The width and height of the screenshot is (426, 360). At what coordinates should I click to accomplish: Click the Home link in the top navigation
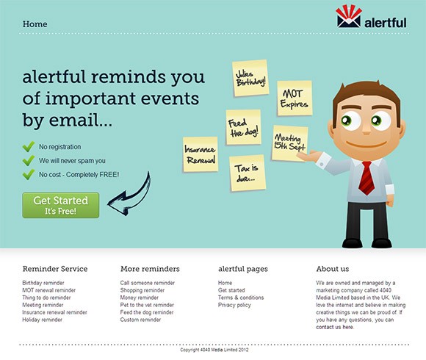(x=35, y=24)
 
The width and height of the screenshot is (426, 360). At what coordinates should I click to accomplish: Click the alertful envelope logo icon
(x=349, y=17)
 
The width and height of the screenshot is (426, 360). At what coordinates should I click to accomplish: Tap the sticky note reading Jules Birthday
(x=250, y=78)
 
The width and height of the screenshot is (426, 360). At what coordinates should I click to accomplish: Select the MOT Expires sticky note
(x=295, y=98)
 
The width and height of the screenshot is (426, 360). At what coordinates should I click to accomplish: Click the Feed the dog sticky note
(x=243, y=127)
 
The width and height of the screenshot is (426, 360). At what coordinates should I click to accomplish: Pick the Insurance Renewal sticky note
(x=201, y=154)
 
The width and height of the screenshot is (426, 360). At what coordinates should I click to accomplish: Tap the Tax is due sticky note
(x=248, y=173)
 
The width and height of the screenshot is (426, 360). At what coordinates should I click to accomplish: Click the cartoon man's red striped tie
(x=367, y=178)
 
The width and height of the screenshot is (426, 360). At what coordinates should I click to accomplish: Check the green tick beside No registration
(x=29, y=146)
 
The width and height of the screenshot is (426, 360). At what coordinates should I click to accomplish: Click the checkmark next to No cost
(x=29, y=174)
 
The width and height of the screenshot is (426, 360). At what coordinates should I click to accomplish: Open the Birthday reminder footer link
(x=43, y=283)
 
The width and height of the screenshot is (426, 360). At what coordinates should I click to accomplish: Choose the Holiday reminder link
(x=42, y=320)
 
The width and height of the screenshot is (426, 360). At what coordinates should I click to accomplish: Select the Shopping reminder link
(x=142, y=290)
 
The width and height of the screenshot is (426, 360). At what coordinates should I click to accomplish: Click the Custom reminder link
(x=140, y=320)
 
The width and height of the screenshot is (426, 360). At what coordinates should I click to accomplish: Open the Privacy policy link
(x=234, y=305)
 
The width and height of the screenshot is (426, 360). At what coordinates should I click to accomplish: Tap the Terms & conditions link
(x=241, y=298)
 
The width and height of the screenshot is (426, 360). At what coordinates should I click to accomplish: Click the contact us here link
(x=335, y=327)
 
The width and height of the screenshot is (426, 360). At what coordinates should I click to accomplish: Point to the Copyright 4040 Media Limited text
(x=214, y=350)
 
